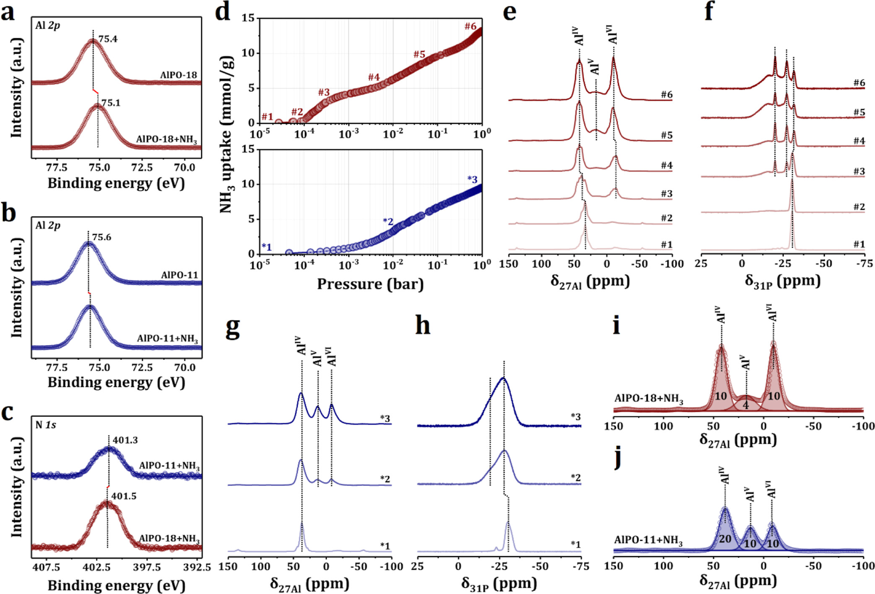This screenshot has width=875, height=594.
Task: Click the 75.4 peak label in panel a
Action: click(x=108, y=39)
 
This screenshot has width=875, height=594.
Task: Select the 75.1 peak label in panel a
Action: click(x=111, y=103)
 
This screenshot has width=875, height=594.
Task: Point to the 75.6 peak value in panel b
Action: click(x=102, y=237)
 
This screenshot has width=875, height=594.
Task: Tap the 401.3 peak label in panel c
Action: click(x=125, y=440)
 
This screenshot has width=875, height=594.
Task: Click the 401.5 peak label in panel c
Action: click(x=124, y=496)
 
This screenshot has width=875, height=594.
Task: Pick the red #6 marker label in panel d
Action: click(x=470, y=26)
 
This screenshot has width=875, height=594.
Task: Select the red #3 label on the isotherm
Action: click(x=324, y=92)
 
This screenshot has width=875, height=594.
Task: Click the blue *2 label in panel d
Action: click(x=388, y=221)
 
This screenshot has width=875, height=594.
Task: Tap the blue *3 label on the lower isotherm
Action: click(x=472, y=180)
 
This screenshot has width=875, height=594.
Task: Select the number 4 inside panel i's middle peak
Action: click(x=745, y=406)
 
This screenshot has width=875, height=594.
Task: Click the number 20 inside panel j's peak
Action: click(x=725, y=539)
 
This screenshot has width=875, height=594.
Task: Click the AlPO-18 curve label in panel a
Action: click(x=178, y=76)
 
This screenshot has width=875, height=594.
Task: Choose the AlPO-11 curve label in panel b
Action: click(x=179, y=275)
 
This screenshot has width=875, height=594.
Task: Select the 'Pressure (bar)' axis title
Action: click(x=370, y=284)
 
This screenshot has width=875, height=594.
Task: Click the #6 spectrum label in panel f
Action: click(x=859, y=83)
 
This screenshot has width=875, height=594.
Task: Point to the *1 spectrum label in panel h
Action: click(x=576, y=544)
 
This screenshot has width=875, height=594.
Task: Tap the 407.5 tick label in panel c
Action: click(x=47, y=567)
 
